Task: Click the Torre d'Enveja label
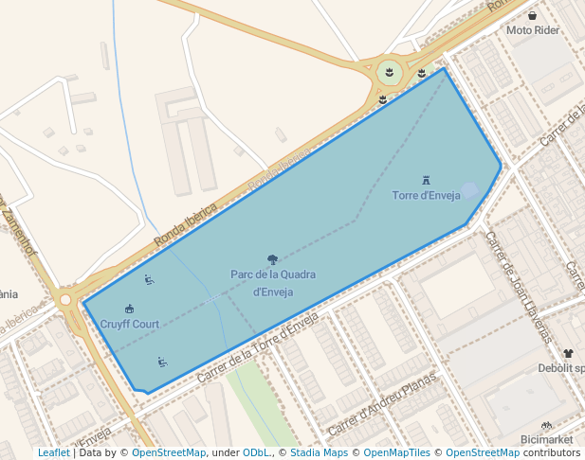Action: click(426, 196)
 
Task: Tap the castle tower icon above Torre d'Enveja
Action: click(426, 180)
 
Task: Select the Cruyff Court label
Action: click(130, 324)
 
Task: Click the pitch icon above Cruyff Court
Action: click(130, 309)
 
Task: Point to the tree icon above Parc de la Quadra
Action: click(273, 259)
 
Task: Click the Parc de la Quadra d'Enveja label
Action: click(273, 283)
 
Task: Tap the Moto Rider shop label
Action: click(532, 30)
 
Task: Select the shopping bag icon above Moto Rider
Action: click(532, 15)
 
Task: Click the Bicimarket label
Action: click(546, 440)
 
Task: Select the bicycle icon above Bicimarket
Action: click(546, 426)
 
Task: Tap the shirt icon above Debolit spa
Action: click(567, 353)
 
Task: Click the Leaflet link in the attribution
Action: click(54, 453)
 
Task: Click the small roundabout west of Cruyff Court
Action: click(65, 300)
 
